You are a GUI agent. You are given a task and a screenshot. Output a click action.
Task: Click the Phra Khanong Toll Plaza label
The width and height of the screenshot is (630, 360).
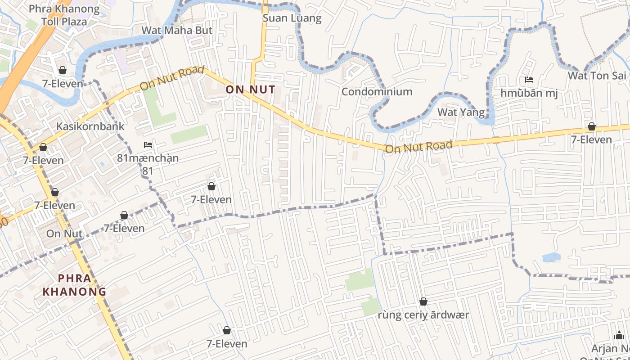point(64,15)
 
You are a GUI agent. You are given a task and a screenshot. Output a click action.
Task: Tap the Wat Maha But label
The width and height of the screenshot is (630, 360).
point(176,31)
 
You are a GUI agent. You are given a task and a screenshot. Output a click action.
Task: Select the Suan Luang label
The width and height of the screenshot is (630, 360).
point(292,18)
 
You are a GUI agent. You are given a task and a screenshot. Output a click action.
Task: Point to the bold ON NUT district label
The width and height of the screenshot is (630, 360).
point(250,90)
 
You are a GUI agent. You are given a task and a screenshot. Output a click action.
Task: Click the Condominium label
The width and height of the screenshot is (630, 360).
point(377,92)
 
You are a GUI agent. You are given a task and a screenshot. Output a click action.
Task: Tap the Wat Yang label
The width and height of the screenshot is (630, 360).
point(461,112)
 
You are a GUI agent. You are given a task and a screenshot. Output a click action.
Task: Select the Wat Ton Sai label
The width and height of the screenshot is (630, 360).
point(597,76)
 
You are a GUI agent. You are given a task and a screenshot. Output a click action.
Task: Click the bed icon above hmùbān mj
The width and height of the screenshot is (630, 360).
point(529,80)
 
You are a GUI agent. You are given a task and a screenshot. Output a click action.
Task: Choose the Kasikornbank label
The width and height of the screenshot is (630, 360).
point(90,126)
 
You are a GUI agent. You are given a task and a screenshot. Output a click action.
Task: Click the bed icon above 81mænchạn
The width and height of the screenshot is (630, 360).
point(148,145)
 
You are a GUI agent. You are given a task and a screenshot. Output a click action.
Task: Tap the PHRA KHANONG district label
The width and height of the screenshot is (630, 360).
point(75,285)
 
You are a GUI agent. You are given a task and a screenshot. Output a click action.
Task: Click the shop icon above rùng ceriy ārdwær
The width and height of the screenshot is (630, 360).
point(423,301)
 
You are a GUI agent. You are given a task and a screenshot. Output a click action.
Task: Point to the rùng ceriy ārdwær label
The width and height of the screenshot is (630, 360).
point(423,315)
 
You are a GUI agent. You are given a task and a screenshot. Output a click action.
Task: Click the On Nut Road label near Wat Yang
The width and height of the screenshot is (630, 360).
point(418,147)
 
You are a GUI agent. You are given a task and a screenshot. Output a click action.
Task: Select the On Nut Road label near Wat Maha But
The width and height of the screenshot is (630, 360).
point(172,78)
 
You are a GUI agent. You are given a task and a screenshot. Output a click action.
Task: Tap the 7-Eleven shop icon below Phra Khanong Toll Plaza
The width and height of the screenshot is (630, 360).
point(62,70)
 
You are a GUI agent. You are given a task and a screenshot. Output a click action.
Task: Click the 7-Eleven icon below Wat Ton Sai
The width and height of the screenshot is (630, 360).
point(591,127)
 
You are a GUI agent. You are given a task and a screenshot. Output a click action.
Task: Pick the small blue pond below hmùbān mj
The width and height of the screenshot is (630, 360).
point(551,257)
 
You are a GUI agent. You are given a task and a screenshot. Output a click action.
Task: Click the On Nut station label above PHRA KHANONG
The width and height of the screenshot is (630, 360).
point(64,234)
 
